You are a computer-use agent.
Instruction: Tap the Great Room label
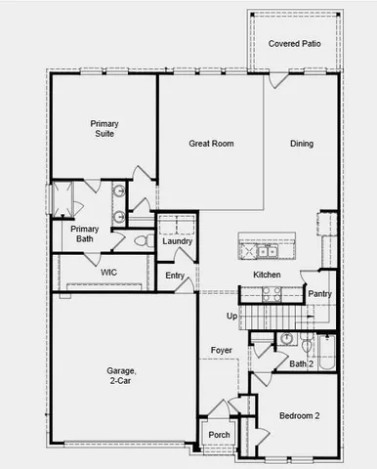tap(211, 144)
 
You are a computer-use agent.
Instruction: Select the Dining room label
tap(302, 144)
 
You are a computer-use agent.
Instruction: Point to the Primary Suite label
tap(104, 129)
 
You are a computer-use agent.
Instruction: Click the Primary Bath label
tap(83, 234)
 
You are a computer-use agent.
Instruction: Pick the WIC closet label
tap(107, 273)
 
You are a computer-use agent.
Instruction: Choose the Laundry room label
tap(177, 241)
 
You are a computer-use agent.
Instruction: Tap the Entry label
tap(175, 276)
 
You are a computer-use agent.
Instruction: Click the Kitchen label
tap(267, 276)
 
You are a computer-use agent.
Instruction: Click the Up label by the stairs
tap(231, 316)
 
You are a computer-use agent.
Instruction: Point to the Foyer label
tap(221, 349)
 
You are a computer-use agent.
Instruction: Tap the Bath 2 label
tap(301, 363)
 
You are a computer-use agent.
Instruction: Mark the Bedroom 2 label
tap(300, 415)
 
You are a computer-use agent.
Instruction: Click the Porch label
tap(219, 435)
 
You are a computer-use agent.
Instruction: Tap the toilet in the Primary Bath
tap(140, 240)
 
